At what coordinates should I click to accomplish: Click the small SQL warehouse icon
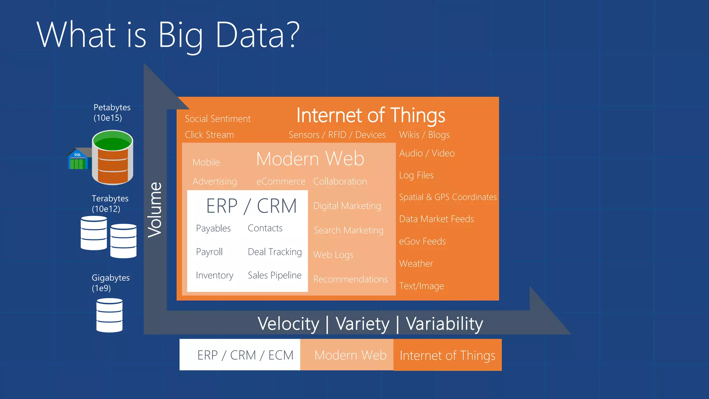click(x=78, y=160)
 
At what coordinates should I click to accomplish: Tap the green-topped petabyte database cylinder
click(x=113, y=158)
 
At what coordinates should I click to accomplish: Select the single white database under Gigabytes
click(x=109, y=315)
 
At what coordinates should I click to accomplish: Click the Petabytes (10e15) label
click(x=112, y=113)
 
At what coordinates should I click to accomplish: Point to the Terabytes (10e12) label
click(x=110, y=204)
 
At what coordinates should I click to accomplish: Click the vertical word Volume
click(x=155, y=210)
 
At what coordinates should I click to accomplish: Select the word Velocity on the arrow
click(x=288, y=324)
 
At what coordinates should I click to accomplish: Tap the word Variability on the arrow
click(x=444, y=324)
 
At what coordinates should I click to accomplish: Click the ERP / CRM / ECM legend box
click(x=240, y=355)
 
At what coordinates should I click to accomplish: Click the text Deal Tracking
click(x=275, y=252)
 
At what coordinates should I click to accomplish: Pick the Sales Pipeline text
click(x=275, y=275)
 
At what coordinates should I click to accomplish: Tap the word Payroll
click(x=209, y=252)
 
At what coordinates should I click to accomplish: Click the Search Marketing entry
click(x=348, y=230)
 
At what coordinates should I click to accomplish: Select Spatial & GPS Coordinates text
click(x=448, y=197)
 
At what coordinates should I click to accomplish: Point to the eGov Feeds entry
click(x=422, y=241)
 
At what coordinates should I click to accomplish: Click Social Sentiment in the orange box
click(x=217, y=119)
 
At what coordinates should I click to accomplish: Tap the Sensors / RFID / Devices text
click(x=337, y=135)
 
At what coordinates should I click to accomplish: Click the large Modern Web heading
click(x=310, y=159)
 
